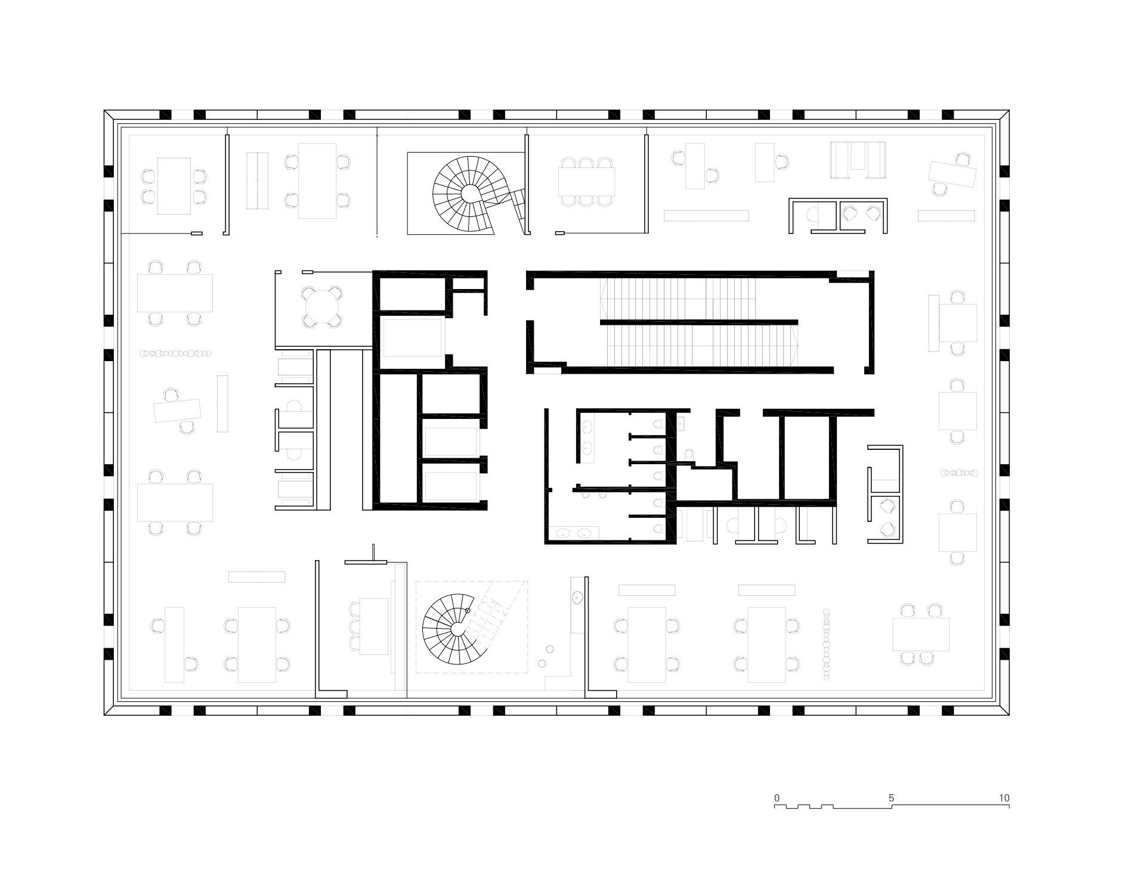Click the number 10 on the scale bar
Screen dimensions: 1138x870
tap(1004, 797)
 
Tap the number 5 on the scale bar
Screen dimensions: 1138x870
tap(891, 797)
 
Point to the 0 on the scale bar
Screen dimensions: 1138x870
tap(777, 797)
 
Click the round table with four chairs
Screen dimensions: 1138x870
tap(322, 307)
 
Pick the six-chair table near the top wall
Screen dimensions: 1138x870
tap(586, 182)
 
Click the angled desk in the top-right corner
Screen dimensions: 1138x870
tap(952, 173)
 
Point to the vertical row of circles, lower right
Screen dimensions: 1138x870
tap(826, 644)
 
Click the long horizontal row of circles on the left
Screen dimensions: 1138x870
tap(175, 353)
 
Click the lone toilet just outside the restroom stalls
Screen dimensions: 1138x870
tap(689, 454)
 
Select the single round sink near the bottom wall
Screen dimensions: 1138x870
tap(577, 596)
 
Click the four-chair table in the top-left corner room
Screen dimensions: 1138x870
tap(174, 185)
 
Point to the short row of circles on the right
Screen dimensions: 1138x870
tap(959, 473)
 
